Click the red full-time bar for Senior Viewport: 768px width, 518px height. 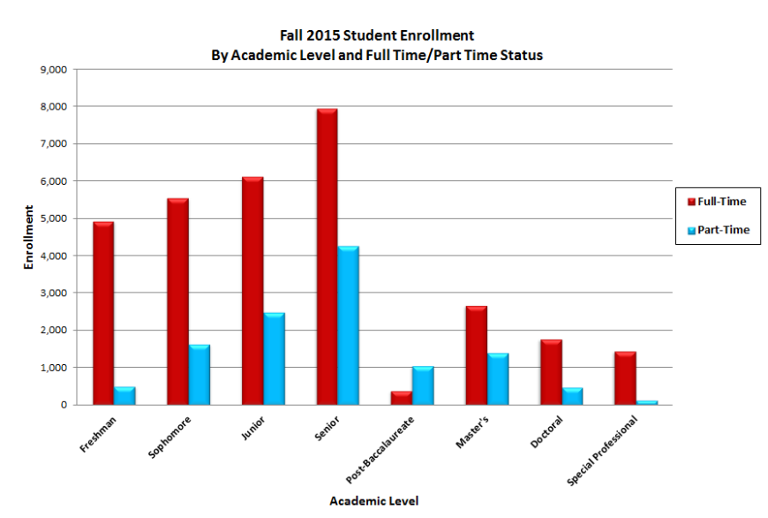pyautogui.click(x=326, y=256)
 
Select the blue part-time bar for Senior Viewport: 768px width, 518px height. pyautogui.click(x=348, y=325)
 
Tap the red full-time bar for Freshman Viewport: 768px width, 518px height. pyautogui.click(x=103, y=313)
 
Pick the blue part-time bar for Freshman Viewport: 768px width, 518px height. pyautogui.click(x=124, y=396)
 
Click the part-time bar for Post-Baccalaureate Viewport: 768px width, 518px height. pyautogui.click(x=422, y=385)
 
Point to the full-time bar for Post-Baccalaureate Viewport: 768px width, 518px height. pyautogui.click(x=401, y=398)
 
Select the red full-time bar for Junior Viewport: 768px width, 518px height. pyautogui.click(x=252, y=291)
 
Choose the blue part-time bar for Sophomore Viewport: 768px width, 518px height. pyautogui.click(x=199, y=375)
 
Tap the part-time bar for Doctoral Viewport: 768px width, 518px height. pyautogui.click(x=571, y=396)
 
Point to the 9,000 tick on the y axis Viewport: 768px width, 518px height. pyautogui.click(x=55, y=69)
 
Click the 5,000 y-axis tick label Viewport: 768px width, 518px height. pyautogui.click(x=55, y=218)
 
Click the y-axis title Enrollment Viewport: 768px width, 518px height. pyautogui.click(x=29, y=237)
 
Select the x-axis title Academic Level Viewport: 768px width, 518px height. pyautogui.click(x=374, y=501)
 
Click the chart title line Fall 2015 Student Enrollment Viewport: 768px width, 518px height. pyautogui.click(x=377, y=36)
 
